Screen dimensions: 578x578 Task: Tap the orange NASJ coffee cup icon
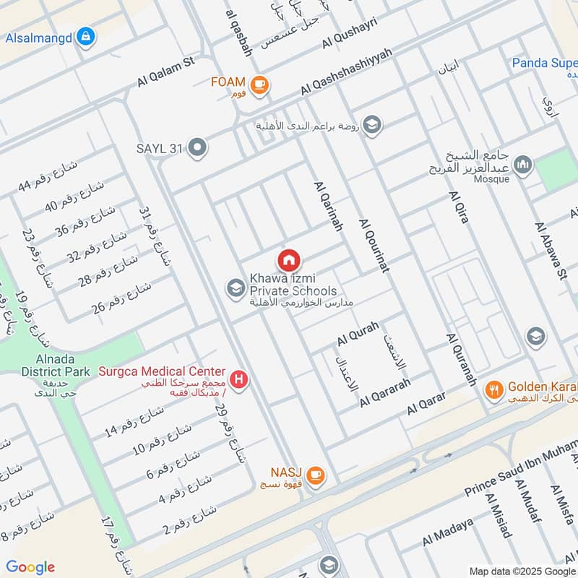pyautogui.click(x=315, y=475)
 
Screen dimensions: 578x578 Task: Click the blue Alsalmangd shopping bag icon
pyautogui.click(x=85, y=35)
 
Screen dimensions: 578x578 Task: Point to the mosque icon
pyautogui.click(x=523, y=165)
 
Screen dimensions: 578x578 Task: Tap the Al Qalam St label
pyautogui.click(x=166, y=74)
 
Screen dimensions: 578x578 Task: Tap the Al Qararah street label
pyautogui.click(x=386, y=391)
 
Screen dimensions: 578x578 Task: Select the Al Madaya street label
pyautogui.click(x=448, y=533)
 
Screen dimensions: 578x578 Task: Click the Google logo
pyautogui.click(x=30, y=566)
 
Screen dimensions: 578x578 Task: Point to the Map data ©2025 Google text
pyautogui.click(x=520, y=571)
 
